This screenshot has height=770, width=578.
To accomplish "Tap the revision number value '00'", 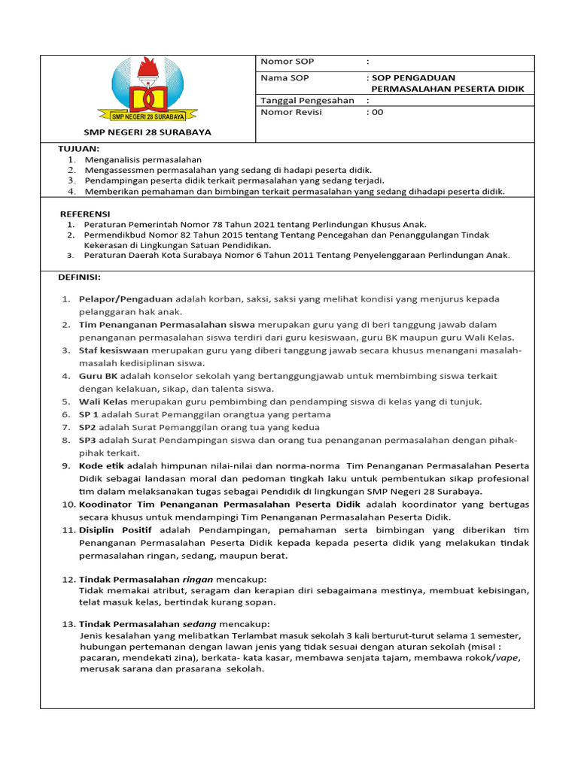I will click(x=377, y=112).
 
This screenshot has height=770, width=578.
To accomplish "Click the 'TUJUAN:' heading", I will click(x=78, y=149).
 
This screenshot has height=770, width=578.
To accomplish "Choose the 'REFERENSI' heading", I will click(x=85, y=214).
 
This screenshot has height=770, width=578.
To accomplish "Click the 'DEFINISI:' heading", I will click(x=80, y=277).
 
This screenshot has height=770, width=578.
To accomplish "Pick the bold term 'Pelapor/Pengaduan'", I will click(x=126, y=299).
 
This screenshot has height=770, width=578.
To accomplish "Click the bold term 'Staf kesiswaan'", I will click(x=114, y=350).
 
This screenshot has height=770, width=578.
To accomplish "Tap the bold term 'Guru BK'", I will click(x=98, y=376).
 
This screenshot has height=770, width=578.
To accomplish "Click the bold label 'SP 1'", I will click(x=89, y=414).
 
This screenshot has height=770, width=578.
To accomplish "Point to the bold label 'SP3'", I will click(x=87, y=440).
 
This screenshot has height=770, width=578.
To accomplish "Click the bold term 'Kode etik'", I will click(x=102, y=466).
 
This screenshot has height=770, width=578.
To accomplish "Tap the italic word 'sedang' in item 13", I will click(x=199, y=624).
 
